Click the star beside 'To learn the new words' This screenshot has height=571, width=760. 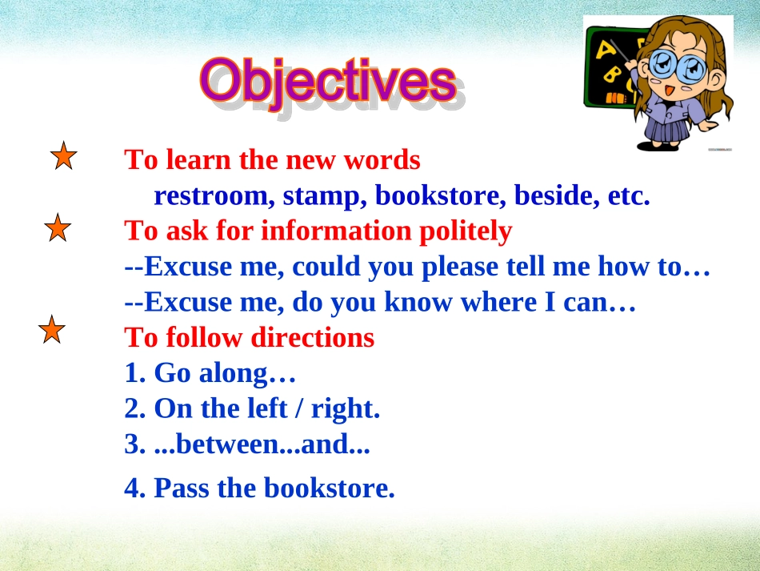tap(63, 156)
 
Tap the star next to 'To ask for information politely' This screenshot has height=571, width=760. tap(58, 228)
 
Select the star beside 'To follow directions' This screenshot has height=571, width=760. tap(52, 330)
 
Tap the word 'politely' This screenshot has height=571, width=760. tap(466, 231)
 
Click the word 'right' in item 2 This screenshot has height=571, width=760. tap(345, 409)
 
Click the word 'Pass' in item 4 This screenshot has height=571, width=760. tap(182, 488)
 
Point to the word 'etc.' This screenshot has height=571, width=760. tap(629, 196)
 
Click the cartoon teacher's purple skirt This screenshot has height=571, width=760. tap(668, 130)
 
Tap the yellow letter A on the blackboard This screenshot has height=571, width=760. tap(605, 50)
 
